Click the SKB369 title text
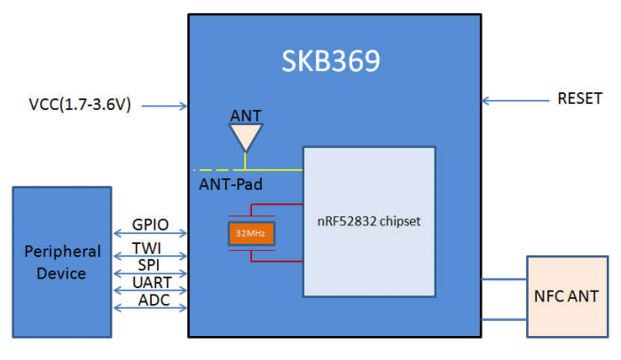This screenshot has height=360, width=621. (x=331, y=61)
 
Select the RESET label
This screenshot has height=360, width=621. (x=580, y=98)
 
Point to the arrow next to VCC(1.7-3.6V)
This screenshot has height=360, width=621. (x=164, y=106)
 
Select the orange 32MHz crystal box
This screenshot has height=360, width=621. (x=251, y=234)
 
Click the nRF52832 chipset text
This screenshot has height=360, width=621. (x=369, y=223)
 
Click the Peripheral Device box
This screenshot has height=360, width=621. (x=61, y=262)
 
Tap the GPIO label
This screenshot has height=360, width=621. (x=150, y=225)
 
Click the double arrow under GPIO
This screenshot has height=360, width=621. (x=150, y=235)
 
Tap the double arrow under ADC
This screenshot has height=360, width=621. (x=150, y=309)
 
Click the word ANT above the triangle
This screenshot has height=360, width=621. (x=245, y=114)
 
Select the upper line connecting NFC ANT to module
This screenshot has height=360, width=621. (x=504, y=279)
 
